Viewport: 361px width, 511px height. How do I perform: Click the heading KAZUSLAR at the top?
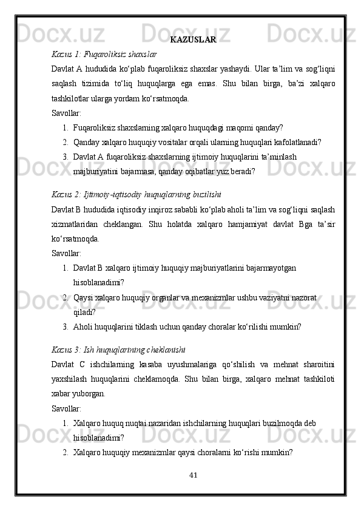tap(193, 41)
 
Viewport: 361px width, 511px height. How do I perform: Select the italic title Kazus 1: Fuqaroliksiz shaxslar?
tap(104, 53)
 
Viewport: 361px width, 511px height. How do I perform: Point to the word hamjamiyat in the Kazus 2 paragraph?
tap(251, 225)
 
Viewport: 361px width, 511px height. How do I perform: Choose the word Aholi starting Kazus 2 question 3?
tap(83, 326)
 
